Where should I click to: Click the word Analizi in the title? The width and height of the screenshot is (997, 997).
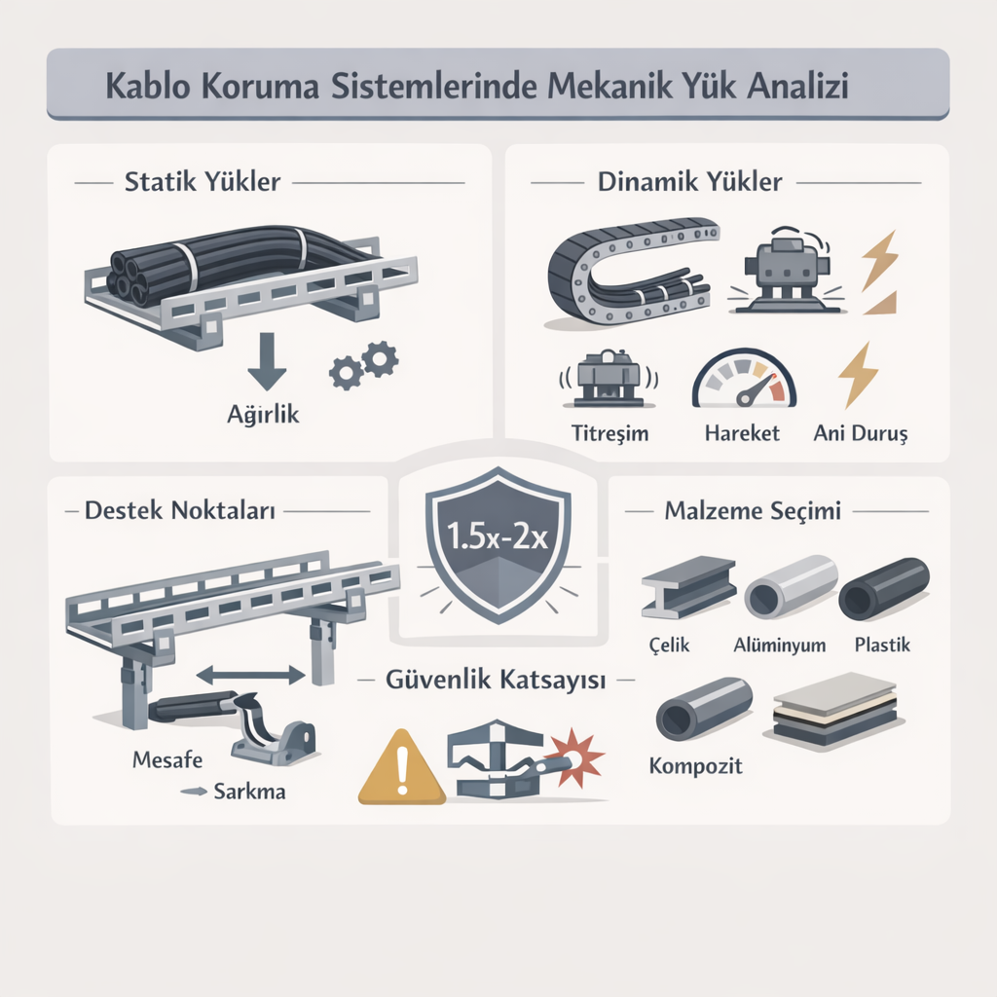point(797,86)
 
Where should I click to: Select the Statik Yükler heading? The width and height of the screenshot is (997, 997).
point(203,182)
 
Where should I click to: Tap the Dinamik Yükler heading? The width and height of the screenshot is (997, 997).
point(690,182)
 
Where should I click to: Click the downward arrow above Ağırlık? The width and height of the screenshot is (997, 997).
point(267,361)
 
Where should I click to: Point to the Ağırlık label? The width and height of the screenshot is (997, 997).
point(263,414)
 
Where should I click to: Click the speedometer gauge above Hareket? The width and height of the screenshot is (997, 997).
point(744,378)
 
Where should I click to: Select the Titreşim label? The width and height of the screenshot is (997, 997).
point(609,433)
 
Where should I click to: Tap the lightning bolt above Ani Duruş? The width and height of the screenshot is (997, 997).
point(859,375)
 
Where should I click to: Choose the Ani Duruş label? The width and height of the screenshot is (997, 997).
point(861,433)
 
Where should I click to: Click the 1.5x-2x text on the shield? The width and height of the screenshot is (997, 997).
point(498,536)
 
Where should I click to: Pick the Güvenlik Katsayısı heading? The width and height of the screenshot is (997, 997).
point(496,680)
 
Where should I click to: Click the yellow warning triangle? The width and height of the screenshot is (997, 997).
point(401,767)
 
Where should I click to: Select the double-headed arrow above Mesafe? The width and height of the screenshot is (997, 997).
point(251,675)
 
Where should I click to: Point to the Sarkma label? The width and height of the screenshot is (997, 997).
point(249,792)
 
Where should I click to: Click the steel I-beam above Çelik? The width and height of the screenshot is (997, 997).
point(688,587)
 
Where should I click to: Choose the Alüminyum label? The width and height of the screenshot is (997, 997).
point(780,646)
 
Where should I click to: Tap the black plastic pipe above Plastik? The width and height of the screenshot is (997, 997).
point(884,589)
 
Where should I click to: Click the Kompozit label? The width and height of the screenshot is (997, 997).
point(695,766)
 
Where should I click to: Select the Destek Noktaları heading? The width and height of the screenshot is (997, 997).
point(180,510)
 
